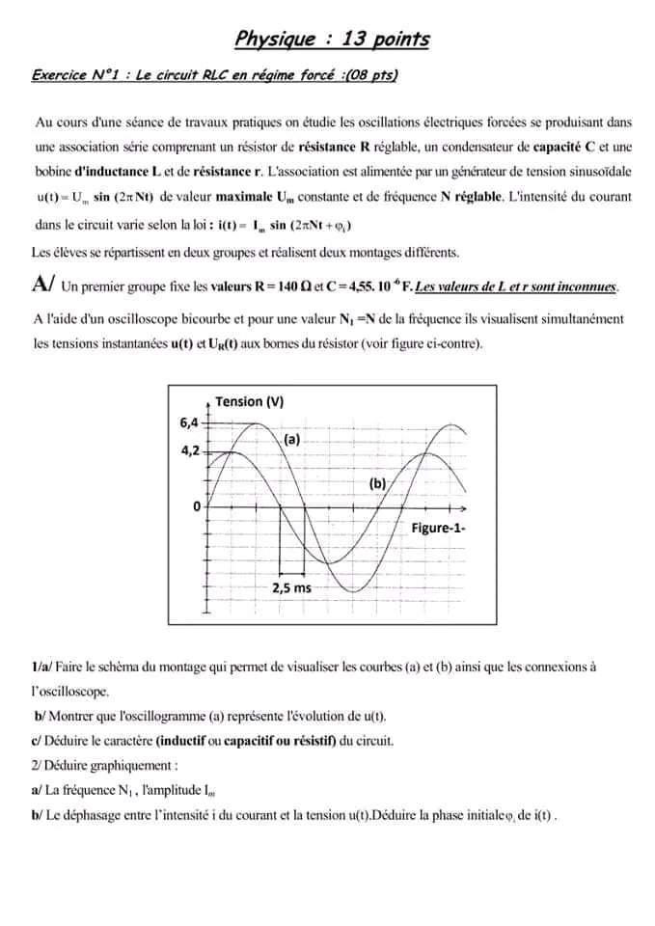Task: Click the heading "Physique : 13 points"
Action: click(332, 40)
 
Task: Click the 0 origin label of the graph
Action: click(197, 505)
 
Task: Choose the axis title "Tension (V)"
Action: click(249, 402)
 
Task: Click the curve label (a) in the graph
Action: click(291, 439)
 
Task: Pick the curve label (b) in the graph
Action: click(377, 483)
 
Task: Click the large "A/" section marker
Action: click(42, 285)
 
